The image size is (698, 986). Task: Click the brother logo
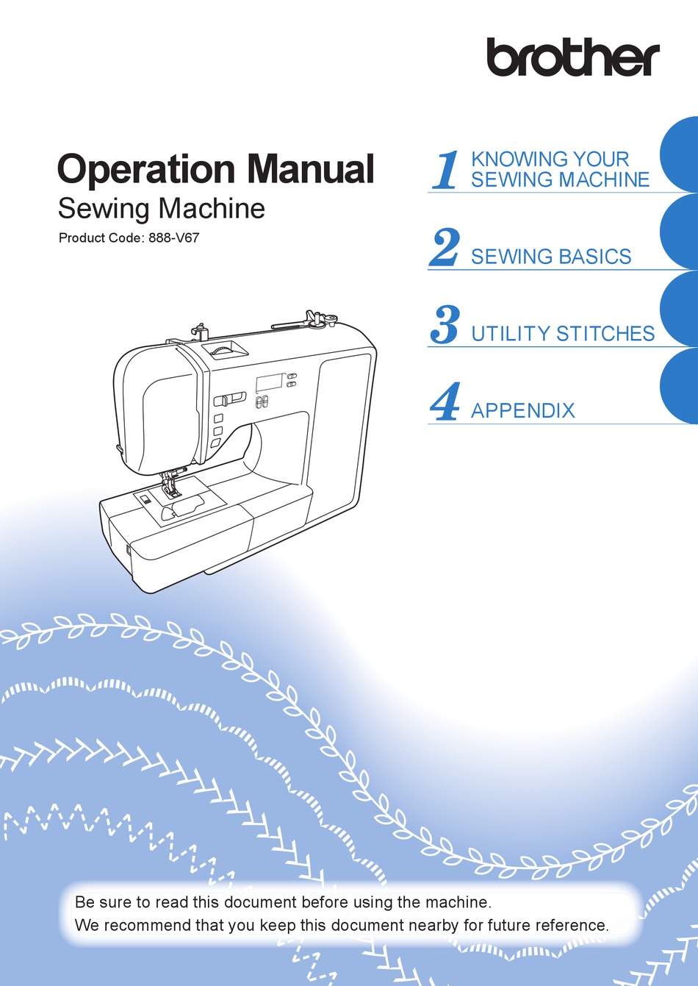(572, 57)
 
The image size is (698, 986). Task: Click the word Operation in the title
(146, 169)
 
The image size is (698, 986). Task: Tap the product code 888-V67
(173, 238)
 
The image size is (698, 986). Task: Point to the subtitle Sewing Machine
(161, 209)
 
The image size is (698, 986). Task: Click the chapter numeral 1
(445, 170)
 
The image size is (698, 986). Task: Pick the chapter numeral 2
(445, 248)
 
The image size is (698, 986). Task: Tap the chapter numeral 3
(445, 325)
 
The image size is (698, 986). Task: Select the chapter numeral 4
(445, 402)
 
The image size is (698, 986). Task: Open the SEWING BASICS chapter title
(550, 257)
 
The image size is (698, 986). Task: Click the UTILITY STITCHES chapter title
(562, 334)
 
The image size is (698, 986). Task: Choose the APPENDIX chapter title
(522, 410)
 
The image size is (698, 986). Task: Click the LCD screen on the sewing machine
(269, 383)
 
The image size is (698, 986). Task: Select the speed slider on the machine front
(230, 399)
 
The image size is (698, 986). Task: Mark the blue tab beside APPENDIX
(680, 387)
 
